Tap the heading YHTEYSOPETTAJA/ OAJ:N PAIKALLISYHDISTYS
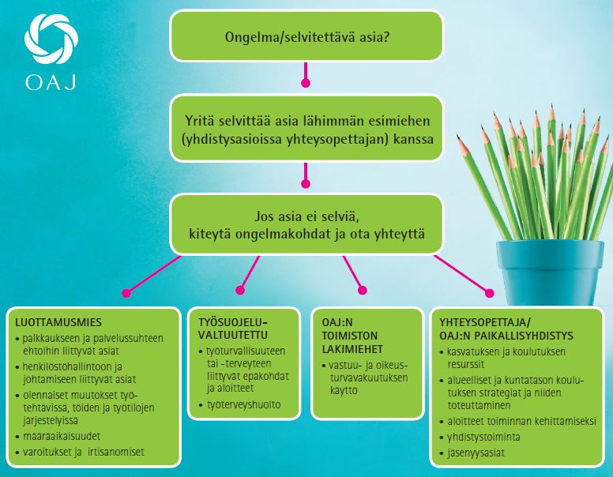[506, 329]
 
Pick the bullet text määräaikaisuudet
[66, 435]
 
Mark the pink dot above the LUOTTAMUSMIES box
[125, 292]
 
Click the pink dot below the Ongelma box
[306, 81]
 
